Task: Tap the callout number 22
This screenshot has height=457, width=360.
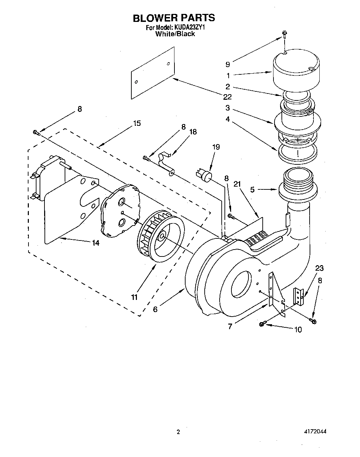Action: (227, 97)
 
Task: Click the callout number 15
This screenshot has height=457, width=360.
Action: (137, 123)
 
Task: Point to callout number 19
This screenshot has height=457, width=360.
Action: (216, 147)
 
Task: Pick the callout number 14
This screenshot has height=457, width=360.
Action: (95, 243)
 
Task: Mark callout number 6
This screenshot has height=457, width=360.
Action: (155, 309)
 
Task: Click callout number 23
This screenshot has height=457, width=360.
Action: (319, 268)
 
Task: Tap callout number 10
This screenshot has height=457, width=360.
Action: (298, 329)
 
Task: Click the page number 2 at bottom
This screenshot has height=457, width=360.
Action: (178, 433)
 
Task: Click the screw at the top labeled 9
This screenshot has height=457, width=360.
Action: (284, 34)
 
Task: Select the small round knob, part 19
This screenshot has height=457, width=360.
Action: (205, 175)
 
